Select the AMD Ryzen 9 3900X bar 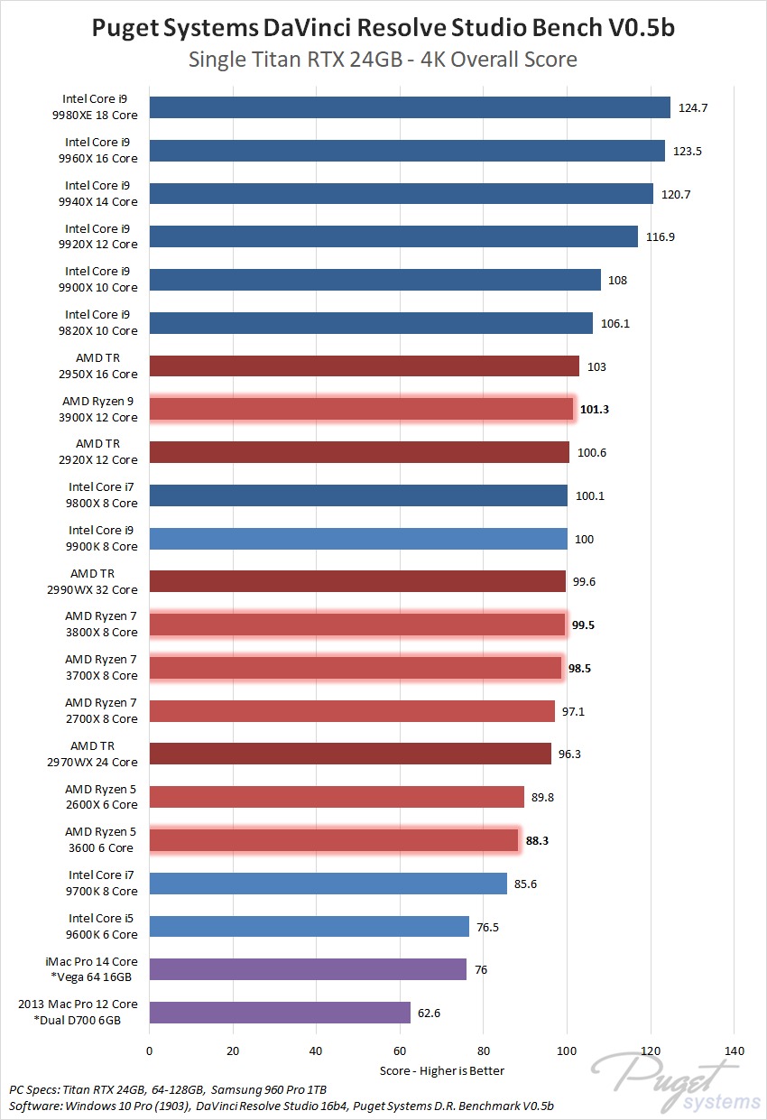(x=361, y=409)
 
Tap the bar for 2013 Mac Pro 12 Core (x=280, y=1013)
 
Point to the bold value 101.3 (x=595, y=409)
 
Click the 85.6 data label (x=525, y=884)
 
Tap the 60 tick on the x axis (x=399, y=1051)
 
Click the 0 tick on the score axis (x=150, y=1051)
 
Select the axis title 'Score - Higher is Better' (x=441, y=1070)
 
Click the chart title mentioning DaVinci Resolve (x=383, y=29)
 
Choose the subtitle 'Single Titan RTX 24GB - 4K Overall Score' (x=383, y=60)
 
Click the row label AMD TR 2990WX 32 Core (x=100, y=581)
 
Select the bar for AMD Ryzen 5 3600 (x=334, y=840)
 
